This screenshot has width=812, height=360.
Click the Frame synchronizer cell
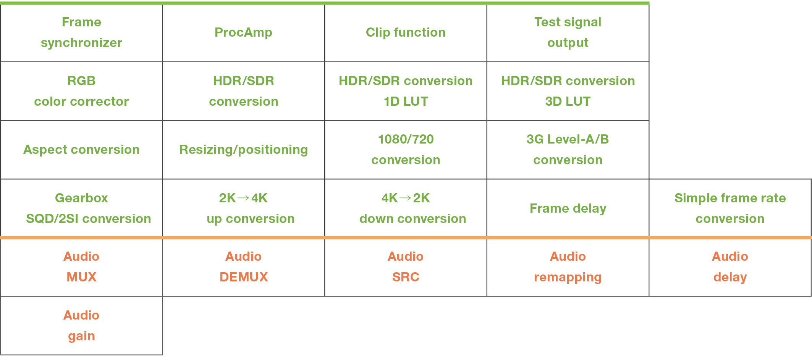81,32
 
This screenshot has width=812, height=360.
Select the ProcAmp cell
244,32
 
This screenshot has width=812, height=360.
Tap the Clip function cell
406,32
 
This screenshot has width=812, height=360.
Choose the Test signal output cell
568,32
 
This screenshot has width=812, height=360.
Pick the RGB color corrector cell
81,91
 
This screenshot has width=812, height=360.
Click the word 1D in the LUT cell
391,102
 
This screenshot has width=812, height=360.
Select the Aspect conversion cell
81,150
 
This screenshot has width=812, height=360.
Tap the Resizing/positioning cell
244,150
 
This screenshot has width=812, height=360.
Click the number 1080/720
406,139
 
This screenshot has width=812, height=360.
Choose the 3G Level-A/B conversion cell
568,150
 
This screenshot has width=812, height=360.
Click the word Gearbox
81,198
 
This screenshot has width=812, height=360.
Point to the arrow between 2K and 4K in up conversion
243,198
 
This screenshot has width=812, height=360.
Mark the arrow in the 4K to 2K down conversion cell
406,198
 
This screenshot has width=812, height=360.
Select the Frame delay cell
568,208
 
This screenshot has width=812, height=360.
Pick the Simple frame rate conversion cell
730,208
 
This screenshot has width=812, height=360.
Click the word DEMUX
244,277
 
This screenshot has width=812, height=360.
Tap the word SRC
406,277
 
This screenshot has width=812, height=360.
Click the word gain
81,336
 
